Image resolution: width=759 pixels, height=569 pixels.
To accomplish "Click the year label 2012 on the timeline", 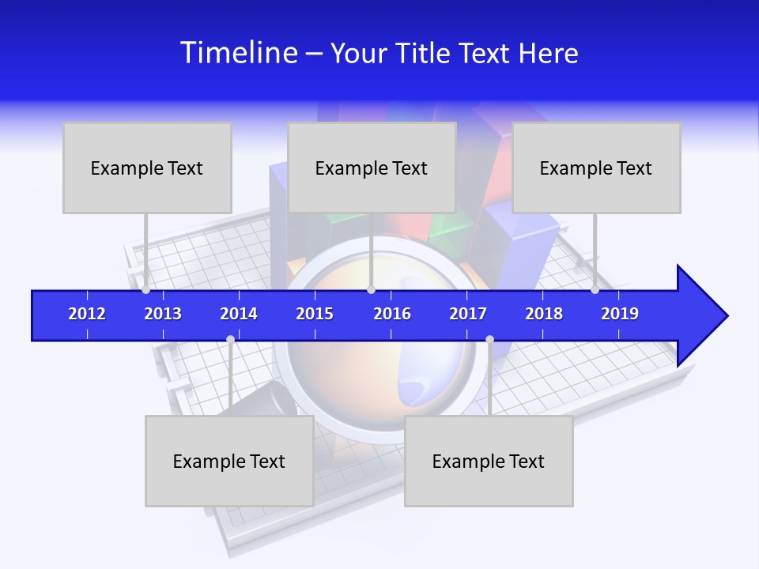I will click(87, 314).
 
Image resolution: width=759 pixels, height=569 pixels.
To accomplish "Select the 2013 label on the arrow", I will click(163, 314).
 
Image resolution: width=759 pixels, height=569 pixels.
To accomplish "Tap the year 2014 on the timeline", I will click(239, 314).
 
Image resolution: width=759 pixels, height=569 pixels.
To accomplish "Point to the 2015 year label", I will click(315, 314).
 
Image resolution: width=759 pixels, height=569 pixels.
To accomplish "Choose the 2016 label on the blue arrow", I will click(392, 314).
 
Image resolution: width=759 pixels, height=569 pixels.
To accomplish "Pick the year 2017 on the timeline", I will click(468, 314).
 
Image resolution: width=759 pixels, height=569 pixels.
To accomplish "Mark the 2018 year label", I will click(544, 314).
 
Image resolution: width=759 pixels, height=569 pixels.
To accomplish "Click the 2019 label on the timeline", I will click(620, 314).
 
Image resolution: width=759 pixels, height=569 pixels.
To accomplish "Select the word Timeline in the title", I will click(238, 53).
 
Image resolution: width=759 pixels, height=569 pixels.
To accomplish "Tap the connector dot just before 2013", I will click(145, 290).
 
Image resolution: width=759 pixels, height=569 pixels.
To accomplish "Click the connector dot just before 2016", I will click(371, 290).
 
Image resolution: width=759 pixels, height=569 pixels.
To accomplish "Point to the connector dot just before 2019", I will click(595, 290).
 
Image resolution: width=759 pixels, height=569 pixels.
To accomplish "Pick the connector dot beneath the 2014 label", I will click(230, 339).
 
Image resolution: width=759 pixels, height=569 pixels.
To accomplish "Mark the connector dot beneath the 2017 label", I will click(489, 339).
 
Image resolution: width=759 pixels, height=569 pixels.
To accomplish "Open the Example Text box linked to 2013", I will click(147, 168).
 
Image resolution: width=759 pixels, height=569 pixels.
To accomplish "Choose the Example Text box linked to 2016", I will click(372, 168).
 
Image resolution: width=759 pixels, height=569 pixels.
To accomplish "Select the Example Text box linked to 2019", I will click(596, 168).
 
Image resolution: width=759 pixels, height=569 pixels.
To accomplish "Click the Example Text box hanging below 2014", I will click(229, 461).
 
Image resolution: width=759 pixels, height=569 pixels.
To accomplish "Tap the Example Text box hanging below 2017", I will click(489, 461).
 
